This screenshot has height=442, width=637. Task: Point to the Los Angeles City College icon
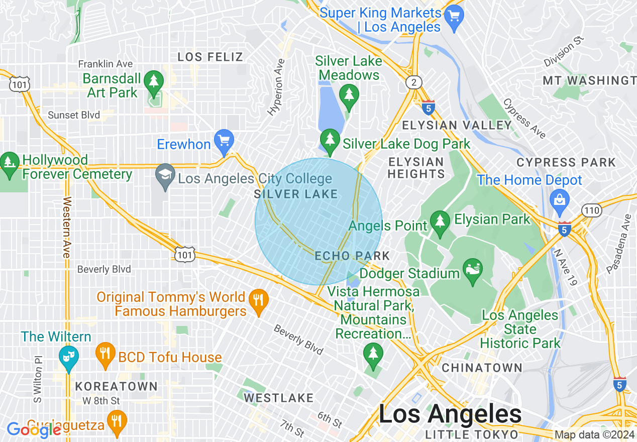coord(165,177)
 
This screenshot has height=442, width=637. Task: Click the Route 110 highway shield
coord(592,210)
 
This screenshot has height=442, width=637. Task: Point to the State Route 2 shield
coord(414,83)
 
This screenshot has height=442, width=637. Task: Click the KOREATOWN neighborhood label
coord(116,387)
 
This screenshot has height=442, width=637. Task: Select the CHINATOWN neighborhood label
coord(482,368)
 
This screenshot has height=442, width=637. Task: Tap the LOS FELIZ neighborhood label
coord(210,57)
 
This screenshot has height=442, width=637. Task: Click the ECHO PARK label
coord(352,256)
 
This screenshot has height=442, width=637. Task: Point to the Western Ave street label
coord(66,227)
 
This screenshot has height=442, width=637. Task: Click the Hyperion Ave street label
coord(276,87)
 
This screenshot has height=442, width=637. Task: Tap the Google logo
coord(34,429)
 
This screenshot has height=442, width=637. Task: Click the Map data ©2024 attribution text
coord(594,435)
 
